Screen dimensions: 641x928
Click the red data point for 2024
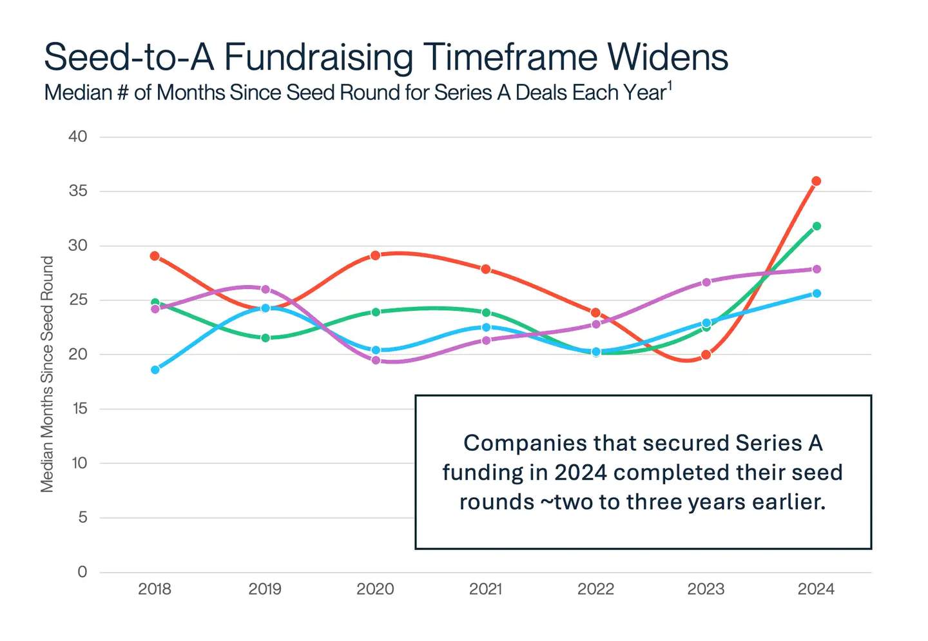[x=816, y=181]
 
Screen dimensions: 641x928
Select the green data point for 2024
[x=816, y=226]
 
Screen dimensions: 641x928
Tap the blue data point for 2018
[x=155, y=370]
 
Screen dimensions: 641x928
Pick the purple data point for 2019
[x=265, y=289]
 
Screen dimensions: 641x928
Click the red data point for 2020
[x=375, y=255]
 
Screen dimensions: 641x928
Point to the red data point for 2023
[x=706, y=355]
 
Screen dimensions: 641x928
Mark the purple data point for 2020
[x=375, y=360]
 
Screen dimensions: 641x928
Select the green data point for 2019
[x=265, y=338]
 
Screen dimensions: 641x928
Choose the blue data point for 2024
[x=816, y=293]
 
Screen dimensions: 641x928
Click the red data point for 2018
[x=155, y=256]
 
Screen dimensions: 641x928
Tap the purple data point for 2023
[x=706, y=282]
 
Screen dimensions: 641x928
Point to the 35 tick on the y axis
[x=78, y=192]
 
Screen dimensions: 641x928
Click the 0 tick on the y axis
[x=82, y=572]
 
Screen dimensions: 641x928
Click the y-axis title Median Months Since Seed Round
[x=47, y=374]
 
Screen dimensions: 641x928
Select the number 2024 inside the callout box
[x=580, y=473]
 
